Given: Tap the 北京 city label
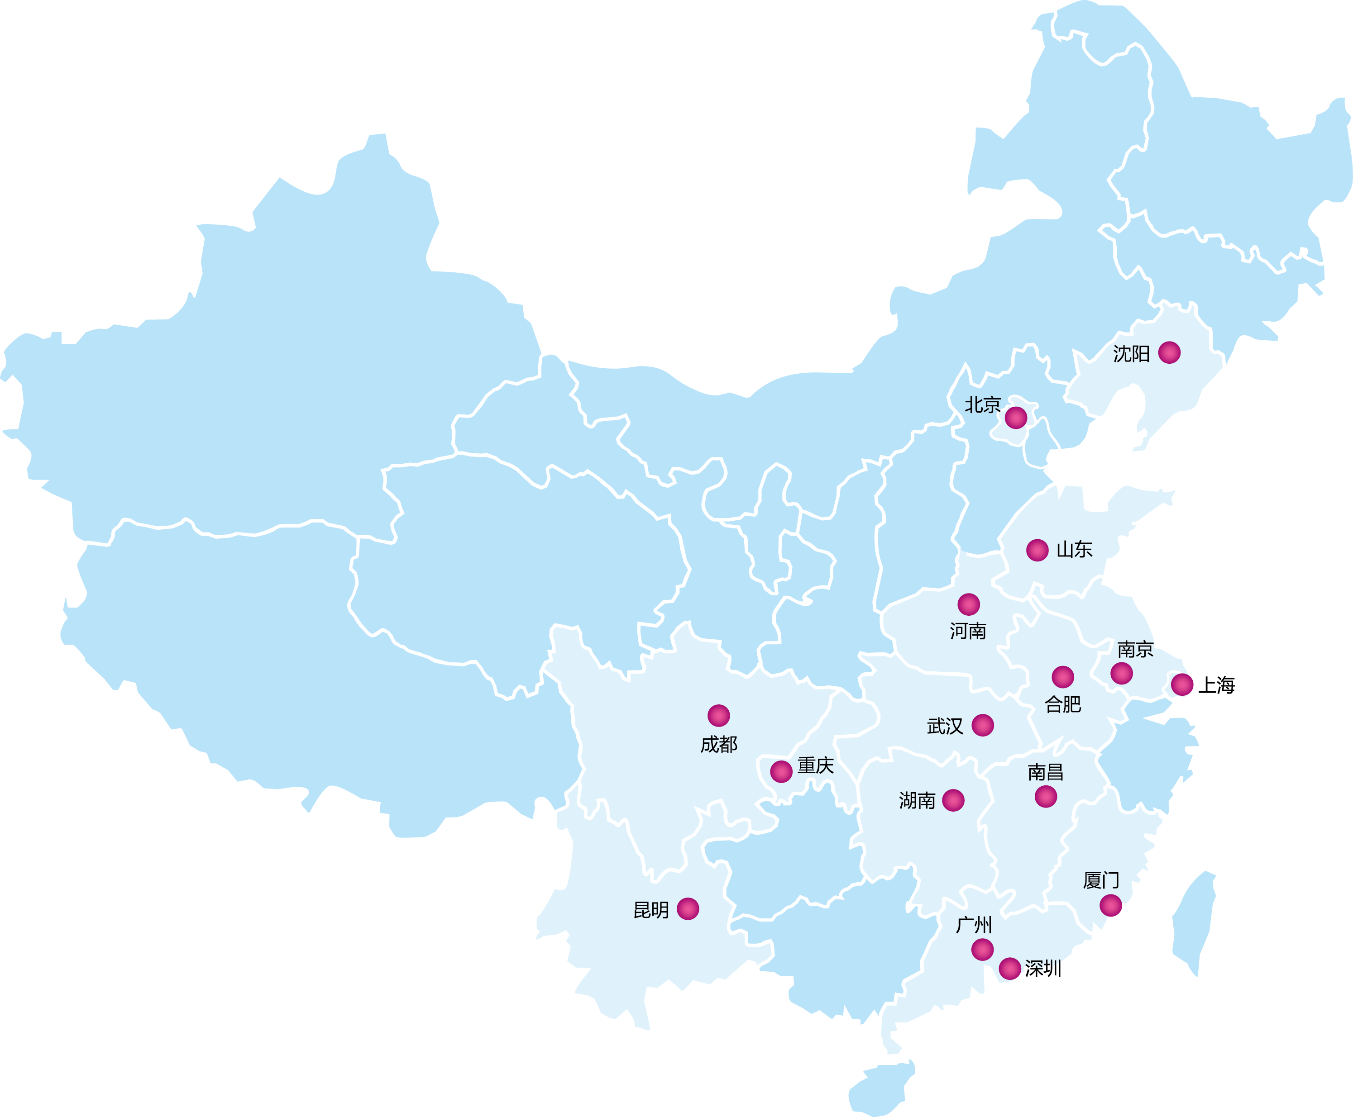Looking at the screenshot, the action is [982, 405].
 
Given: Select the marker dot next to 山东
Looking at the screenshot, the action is [1037, 550].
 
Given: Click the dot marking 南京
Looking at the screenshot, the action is [1121, 673].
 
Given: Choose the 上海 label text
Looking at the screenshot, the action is [1216, 684].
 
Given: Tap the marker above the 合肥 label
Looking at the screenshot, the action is [1063, 677].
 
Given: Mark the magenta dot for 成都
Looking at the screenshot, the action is [718, 716].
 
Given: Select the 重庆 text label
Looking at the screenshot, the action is [816, 765].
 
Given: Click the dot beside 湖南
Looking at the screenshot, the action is [953, 800].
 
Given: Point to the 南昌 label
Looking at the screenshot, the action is [1045, 772].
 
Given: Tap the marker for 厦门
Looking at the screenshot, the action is [1110, 905].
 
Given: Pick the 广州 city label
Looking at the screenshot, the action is [974, 925].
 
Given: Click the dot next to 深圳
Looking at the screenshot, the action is [1009, 968].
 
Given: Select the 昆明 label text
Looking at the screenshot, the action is [651, 910].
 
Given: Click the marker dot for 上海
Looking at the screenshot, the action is [1182, 684].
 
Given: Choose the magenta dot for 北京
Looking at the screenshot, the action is [1016, 418].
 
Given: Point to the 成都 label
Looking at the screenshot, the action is [718, 745].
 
